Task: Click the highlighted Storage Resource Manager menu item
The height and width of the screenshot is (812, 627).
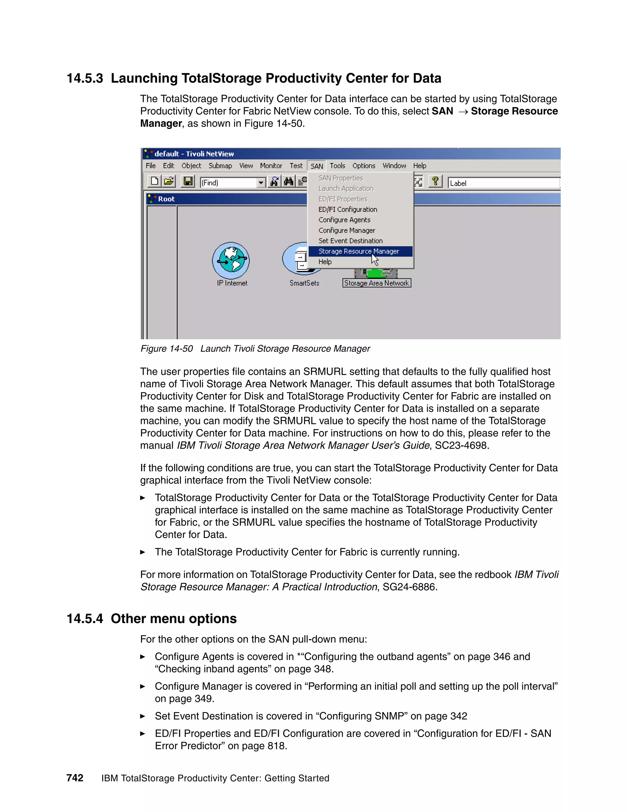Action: point(359,251)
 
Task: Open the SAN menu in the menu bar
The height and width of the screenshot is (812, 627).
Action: point(317,166)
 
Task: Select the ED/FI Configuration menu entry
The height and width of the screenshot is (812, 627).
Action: point(348,209)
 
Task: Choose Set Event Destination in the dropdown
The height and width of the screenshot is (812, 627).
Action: point(350,241)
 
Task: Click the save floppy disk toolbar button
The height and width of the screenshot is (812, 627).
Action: point(188,181)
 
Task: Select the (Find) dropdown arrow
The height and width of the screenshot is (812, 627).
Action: point(261,183)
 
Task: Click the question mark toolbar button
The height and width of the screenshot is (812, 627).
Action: point(435,181)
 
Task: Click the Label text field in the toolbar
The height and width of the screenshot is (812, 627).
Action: point(503,183)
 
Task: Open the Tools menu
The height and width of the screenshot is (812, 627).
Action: point(337,166)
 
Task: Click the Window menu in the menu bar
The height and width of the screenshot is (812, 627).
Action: point(394,166)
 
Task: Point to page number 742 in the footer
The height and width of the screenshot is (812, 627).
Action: point(75,778)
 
